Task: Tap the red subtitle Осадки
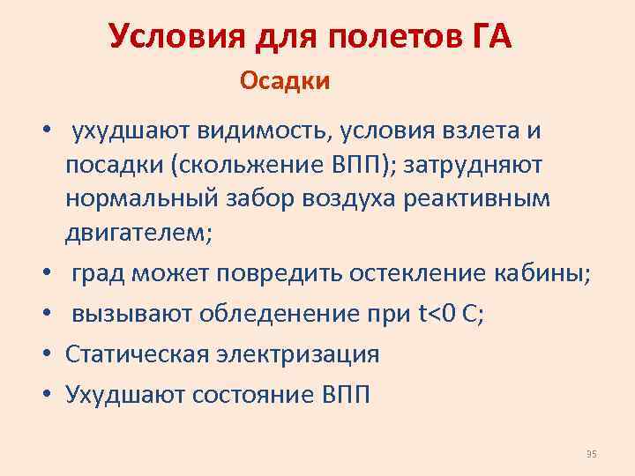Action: pos(285,82)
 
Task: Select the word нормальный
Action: pos(138,199)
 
